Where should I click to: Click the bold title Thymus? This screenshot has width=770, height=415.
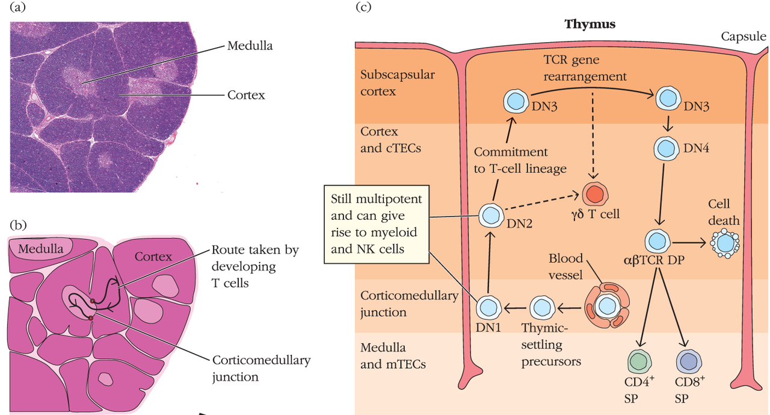click(590, 25)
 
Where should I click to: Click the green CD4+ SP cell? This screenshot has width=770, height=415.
click(639, 362)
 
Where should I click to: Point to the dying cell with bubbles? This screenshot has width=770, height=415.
click(724, 243)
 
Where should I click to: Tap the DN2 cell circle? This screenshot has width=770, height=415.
click(490, 214)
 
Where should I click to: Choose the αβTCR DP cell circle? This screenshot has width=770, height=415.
click(658, 241)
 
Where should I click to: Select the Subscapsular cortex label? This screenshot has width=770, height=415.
click(398, 83)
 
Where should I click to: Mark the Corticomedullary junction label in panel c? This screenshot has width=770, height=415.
click(409, 304)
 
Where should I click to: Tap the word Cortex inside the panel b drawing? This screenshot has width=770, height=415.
click(153, 257)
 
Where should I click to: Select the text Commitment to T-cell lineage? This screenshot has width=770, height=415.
click(520, 160)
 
